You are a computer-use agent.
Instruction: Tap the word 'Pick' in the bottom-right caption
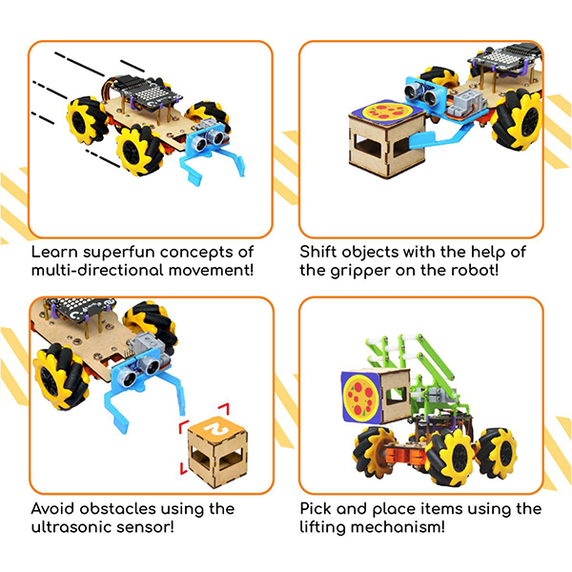[317, 509]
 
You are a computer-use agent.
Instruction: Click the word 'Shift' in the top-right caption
[319, 253]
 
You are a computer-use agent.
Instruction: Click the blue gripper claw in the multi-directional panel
[204, 174]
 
